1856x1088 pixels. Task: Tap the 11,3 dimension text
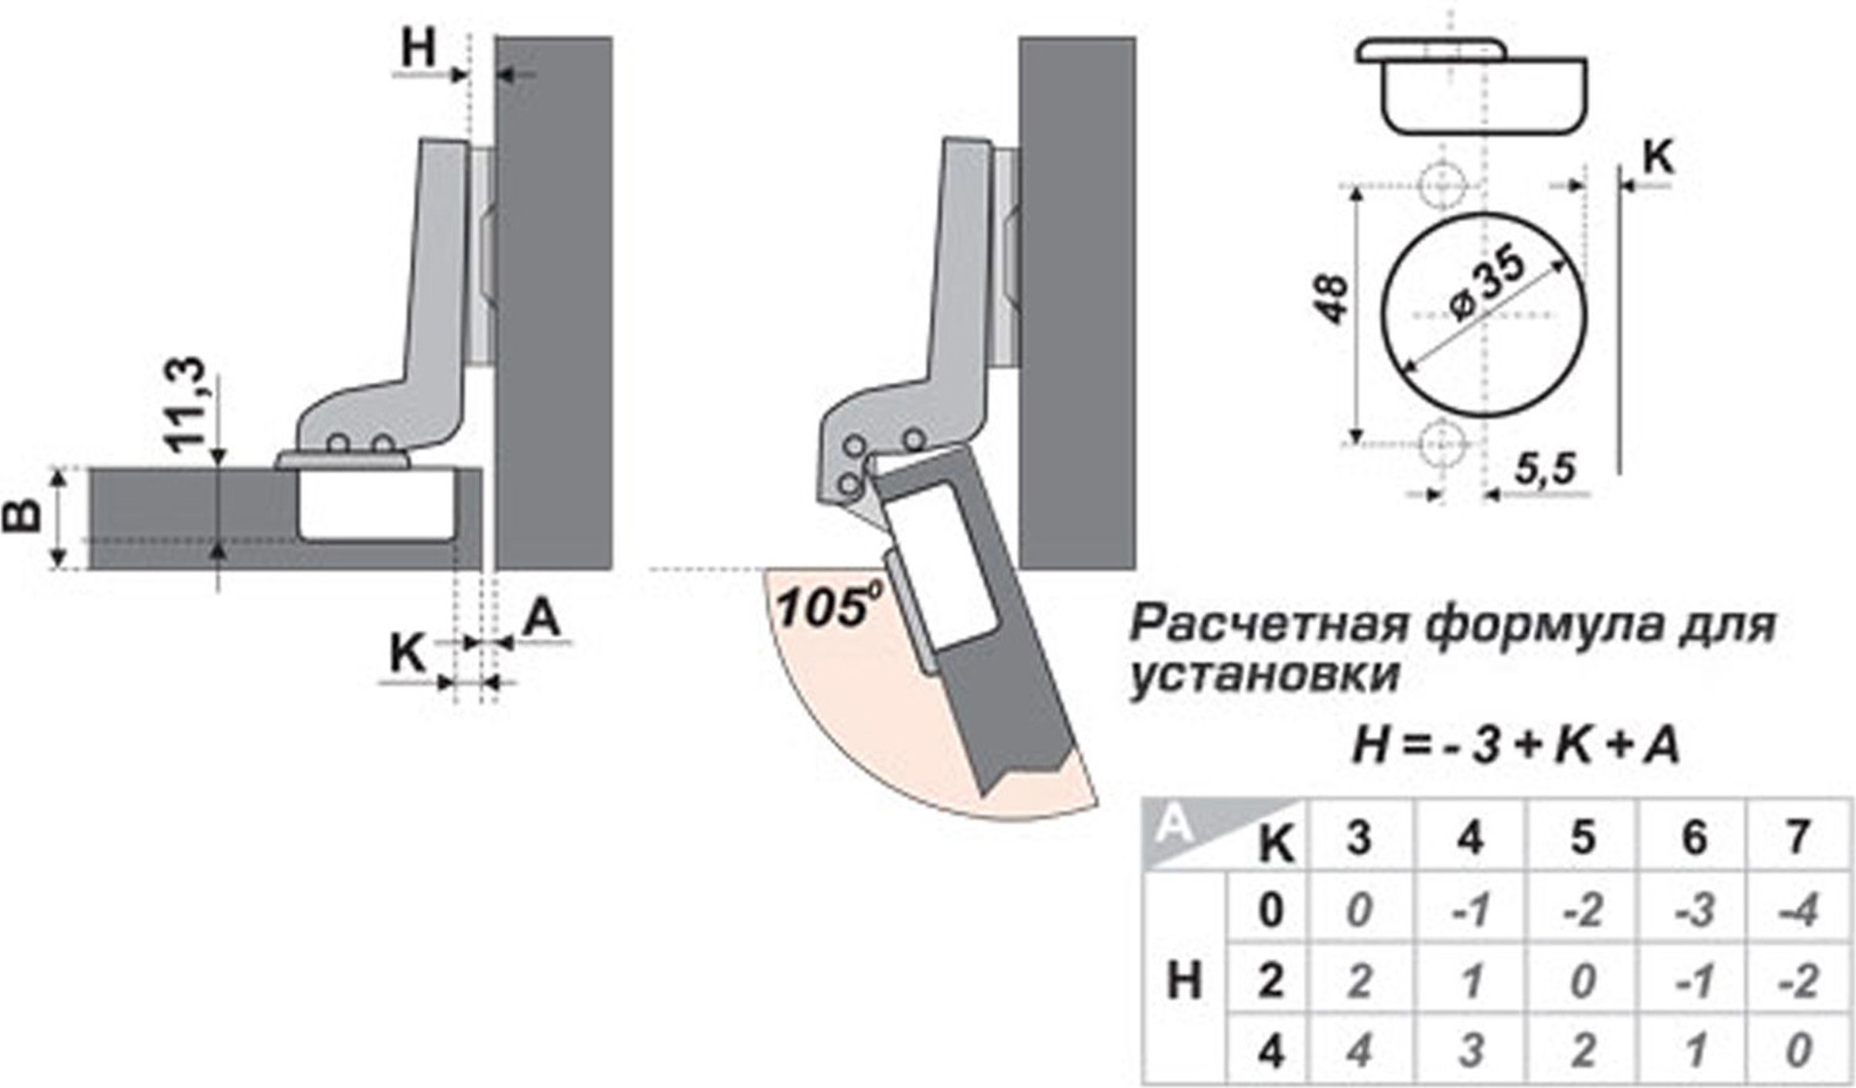point(186,404)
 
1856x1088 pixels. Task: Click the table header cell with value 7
point(1799,837)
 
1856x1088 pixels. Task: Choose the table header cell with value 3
point(1359,837)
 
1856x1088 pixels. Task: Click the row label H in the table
point(1184,982)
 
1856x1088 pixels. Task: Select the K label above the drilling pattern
point(1658,159)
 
